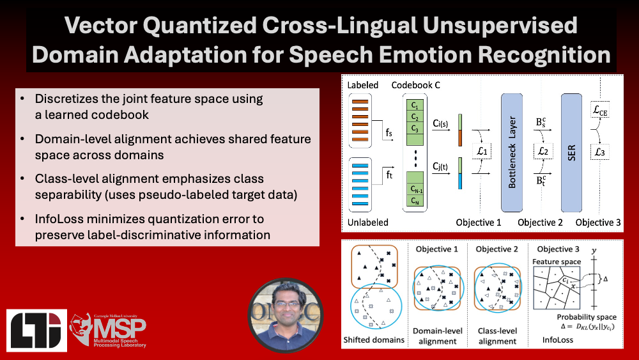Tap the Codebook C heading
click(416, 85)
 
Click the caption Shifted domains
click(374, 340)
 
